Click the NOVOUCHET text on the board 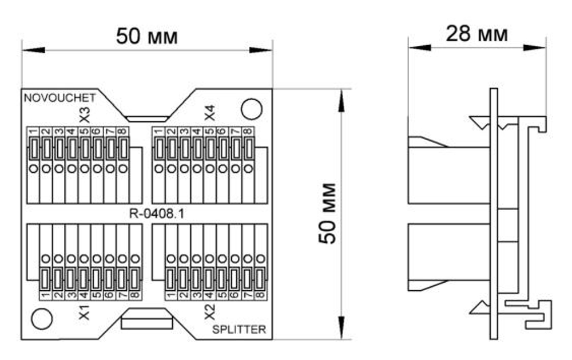(x=59, y=97)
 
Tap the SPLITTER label (x=239, y=329)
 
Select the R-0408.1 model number (x=157, y=213)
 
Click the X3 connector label (x=84, y=114)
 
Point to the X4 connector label (x=209, y=113)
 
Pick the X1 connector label (x=84, y=312)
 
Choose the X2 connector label (x=209, y=312)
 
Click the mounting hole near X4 (x=252, y=109)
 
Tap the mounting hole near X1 (x=42, y=319)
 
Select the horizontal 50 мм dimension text (x=147, y=37)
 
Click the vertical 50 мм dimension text (x=327, y=213)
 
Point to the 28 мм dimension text (x=477, y=34)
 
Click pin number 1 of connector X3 (x=33, y=132)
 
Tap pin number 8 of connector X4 (x=248, y=132)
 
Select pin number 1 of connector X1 (x=45, y=295)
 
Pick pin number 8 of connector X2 (x=260, y=295)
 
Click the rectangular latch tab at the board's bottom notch (x=146, y=323)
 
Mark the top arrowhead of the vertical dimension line (x=341, y=100)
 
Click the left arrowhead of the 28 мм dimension (x=419, y=48)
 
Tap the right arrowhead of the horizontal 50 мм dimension (x=261, y=50)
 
